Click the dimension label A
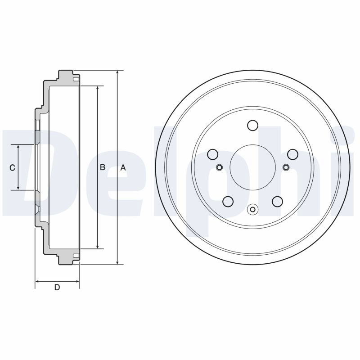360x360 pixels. (123, 168)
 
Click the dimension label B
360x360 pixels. (103, 167)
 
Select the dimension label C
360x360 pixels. (13, 168)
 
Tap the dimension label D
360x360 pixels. (57, 287)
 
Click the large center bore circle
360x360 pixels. (252, 167)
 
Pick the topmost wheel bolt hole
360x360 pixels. (252, 126)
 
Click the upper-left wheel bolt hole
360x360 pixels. (212, 154)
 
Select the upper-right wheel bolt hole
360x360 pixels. (293, 154)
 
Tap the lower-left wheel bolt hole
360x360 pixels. (228, 201)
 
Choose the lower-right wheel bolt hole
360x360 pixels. (277, 201)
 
